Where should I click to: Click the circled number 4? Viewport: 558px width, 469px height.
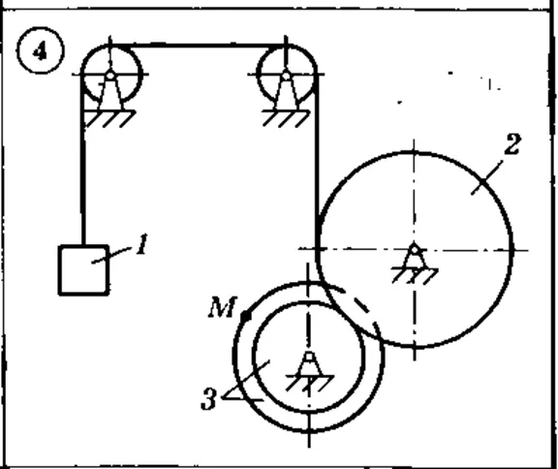[41, 52]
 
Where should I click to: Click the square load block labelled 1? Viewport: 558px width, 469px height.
[83, 270]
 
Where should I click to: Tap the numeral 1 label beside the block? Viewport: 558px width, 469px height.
[142, 244]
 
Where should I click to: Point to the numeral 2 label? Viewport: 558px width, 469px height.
[512, 144]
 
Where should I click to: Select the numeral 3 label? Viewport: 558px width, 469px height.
[208, 399]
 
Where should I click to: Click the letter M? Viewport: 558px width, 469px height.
[222, 307]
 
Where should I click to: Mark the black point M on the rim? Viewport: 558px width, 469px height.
[246, 316]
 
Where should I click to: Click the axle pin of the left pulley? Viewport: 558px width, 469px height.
[110, 76]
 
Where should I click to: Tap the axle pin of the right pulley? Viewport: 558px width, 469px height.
[286, 76]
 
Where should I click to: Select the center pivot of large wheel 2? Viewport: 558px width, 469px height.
[415, 250]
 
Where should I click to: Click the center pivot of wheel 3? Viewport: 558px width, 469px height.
[309, 357]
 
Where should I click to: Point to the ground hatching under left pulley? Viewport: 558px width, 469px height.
[108, 119]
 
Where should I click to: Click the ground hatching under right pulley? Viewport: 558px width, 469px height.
[286, 119]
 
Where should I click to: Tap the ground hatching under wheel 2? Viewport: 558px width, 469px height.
[415, 276]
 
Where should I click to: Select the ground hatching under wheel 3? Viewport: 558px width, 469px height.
[310, 383]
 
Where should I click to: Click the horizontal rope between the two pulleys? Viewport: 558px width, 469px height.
[198, 46]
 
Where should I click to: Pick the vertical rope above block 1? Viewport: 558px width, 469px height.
[83, 160]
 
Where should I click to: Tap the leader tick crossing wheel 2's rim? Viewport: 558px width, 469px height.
[487, 177]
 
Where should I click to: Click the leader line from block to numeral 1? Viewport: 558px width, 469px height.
[110, 256]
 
